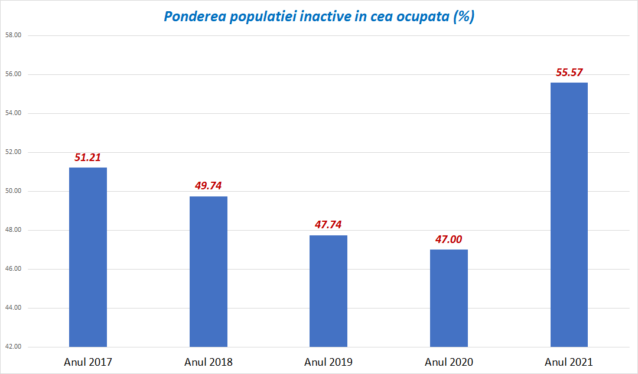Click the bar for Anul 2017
(x=88, y=257)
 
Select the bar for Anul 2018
(x=208, y=271)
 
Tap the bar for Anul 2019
(x=328, y=291)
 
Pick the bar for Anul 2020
(x=448, y=298)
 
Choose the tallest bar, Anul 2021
(x=569, y=215)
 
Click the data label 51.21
(x=88, y=158)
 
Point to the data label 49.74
(x=208, y=186)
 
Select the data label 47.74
(x=328, y=225)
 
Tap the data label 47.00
(x=448, y=239)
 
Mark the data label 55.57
(x=569, y=73)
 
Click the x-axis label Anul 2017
(x=88, y=362)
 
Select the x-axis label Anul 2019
(x=328, y=362)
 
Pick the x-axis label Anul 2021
(x=569, y=362)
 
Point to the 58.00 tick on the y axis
(x=13, y=35)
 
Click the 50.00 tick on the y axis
(x=13, y=191)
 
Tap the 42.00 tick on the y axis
(x=13, y=347)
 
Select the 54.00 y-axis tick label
(x=13, y=113)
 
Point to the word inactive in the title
(x=328, y=17)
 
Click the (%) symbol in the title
(x=464, y=17)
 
